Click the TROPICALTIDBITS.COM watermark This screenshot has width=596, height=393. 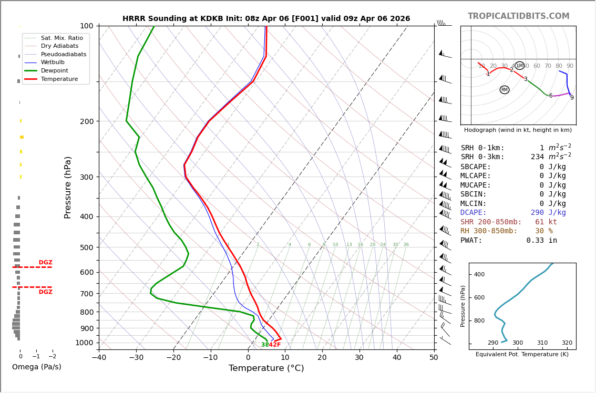click(x=518, y=16)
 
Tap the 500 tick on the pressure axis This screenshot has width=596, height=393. click(x=87, y=247)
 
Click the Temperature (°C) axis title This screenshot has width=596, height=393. click(x=266, y=368)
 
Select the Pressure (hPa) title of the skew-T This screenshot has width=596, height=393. click(x=68, y=187)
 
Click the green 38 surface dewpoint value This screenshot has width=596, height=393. click(x=265, y=345)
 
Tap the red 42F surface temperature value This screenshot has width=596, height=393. click(x=275, y=345)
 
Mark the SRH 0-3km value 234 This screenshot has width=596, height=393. click(x=537, y=157)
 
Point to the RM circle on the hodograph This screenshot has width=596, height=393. click(x=505, y=90)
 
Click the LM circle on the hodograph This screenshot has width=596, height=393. click(x=519, y=66)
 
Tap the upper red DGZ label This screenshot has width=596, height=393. click(x=45, y=263)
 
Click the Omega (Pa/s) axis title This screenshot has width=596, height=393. click(x=36, y=367)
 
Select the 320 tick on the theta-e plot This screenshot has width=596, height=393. click(x=567, y=343)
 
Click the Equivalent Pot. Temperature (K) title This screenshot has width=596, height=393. click(x=522, y=355)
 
